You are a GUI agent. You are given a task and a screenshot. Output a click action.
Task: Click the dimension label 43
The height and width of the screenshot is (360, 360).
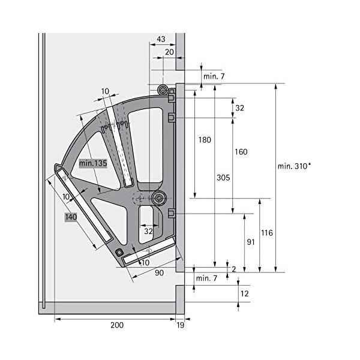[x=161, y=39]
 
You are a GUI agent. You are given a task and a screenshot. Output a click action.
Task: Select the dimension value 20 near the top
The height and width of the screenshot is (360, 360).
[x=169, y=52]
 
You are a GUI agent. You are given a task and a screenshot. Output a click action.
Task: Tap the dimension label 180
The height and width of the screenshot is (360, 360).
[x=205, y=140]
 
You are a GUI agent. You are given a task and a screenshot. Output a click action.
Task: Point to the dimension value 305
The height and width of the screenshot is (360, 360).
[x=223, y=178]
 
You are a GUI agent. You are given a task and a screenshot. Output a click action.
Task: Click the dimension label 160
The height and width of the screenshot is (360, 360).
[x=241, y=152]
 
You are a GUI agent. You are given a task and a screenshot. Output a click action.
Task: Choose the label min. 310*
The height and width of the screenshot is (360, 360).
[x=295, y=166]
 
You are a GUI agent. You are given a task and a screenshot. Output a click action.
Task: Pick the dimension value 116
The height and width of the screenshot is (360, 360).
[x=267, y=233]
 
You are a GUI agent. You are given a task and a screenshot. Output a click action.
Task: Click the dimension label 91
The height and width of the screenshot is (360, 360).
[x=251, y=242]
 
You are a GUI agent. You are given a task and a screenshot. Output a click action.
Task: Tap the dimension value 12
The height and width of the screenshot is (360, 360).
[x=245, y=293]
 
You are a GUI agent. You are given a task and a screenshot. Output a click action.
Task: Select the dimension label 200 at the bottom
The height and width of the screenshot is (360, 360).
[x=117, y=325]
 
